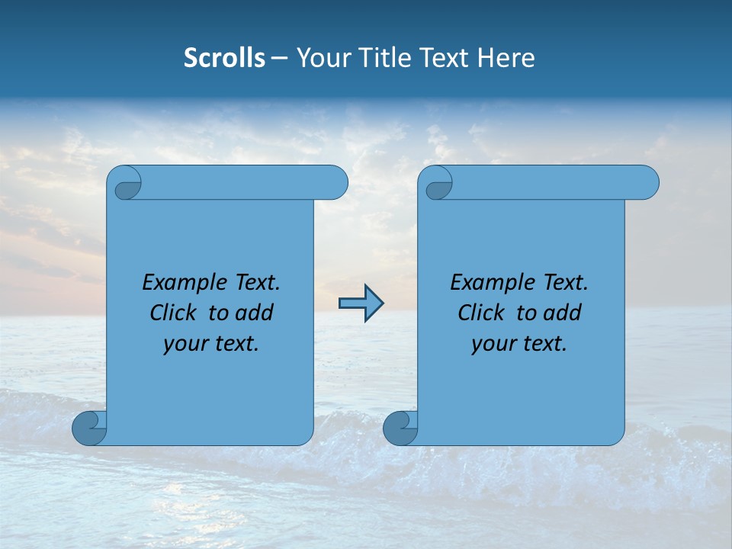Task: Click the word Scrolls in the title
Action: tap(224, 58)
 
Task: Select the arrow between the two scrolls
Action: tap(361, 303)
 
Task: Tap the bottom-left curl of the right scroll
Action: tap(400, 429)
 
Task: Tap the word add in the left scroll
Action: tap(254, 313)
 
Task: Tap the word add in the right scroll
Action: tap(562, 313)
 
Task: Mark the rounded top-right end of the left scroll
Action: tap(335, 183)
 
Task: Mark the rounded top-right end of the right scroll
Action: tap(647, 183)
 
